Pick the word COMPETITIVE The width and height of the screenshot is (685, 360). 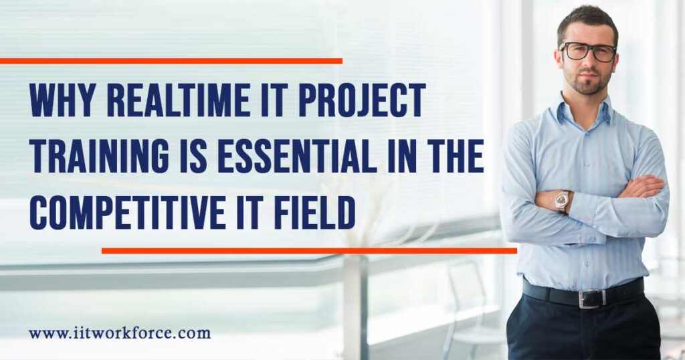tap(128, 212)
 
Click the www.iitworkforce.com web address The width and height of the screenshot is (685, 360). tap(120, 333)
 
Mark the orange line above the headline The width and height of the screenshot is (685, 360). tap(171, 61)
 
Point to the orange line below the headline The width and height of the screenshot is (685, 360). tap(309, 251)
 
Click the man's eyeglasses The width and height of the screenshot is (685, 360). tap(588, 51)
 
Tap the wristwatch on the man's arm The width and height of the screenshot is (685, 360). tap(561, 201)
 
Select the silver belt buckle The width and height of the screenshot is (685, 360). tap(591, 298)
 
